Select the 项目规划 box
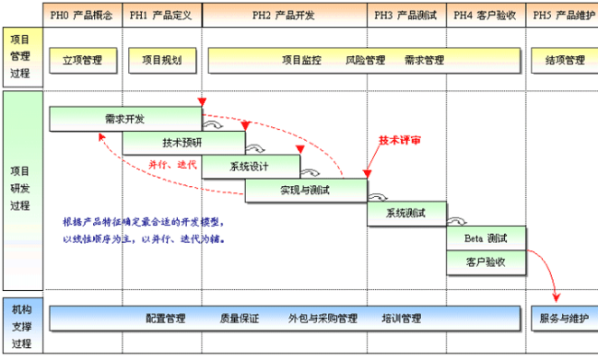(161, 61)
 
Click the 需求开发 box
(124, 119)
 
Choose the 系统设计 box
(250, 167)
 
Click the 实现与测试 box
(305, 190)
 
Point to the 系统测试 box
(406, 214)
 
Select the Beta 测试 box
(486, 238)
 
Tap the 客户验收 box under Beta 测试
(486, 261)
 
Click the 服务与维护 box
(564, 319)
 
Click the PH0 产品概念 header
(83, 16)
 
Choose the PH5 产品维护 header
(562, 16)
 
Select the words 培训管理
(401, 319)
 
